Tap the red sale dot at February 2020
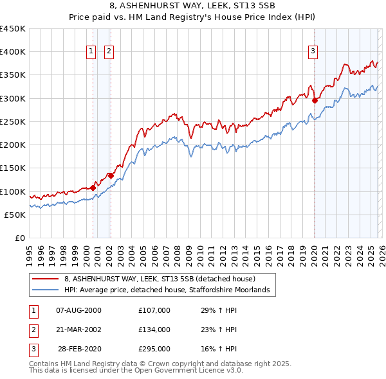pos(315,100)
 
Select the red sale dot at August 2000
pos(93,188)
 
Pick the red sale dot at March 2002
pos(111,175)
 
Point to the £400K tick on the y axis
pos(13,52)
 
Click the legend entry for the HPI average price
pos(170,290)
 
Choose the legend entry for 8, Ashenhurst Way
pos(160,279)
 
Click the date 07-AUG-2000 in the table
pos(78,310)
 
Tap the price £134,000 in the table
pos(154,330)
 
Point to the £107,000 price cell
pos(154,310)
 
